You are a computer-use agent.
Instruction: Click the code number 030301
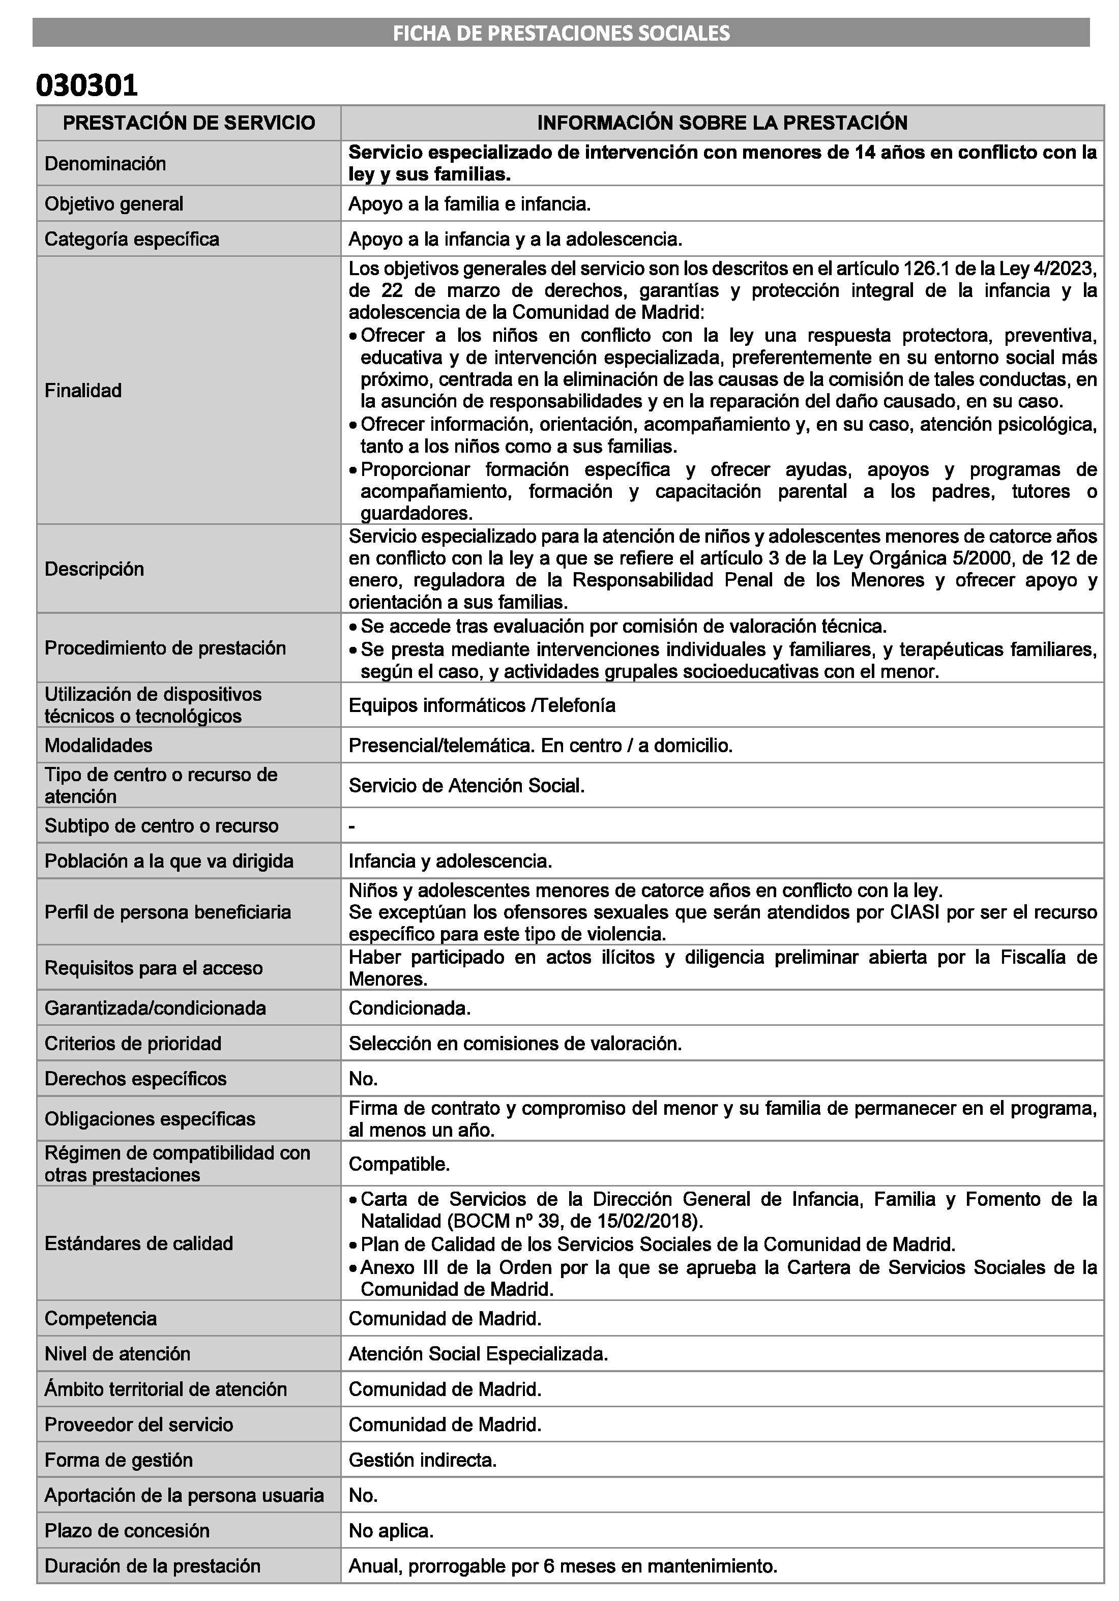point(86,85)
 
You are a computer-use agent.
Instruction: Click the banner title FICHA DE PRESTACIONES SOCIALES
point(561,33)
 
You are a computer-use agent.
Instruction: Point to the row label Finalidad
point(83,391)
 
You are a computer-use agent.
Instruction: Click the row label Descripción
point(94,569)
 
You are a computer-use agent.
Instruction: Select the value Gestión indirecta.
point(423,1460)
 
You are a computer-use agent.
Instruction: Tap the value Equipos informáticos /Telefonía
point(482,705)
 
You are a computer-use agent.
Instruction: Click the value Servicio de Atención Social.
point(466,786)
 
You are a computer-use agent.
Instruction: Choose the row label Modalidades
point(98,746)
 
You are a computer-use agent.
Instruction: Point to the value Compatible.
point(399,1164)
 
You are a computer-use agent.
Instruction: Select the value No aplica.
point(391,1531)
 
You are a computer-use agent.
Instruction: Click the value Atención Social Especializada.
point(478,1353)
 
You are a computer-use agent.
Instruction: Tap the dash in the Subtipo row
point(352,826)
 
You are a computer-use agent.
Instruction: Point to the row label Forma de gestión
point(119,1460)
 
